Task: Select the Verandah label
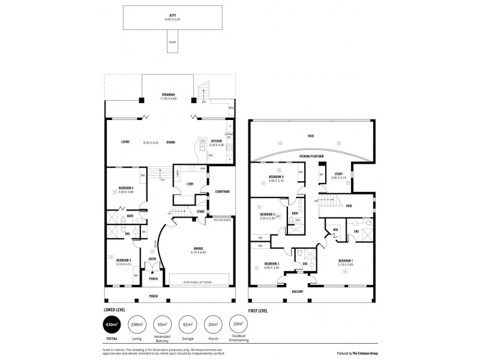[169, 96]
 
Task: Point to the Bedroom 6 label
[125, 188]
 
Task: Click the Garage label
[199, 249]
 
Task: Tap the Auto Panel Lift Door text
[197, 281]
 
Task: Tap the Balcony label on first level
[298, 292]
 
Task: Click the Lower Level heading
[115, 311]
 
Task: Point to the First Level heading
[257, 311]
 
